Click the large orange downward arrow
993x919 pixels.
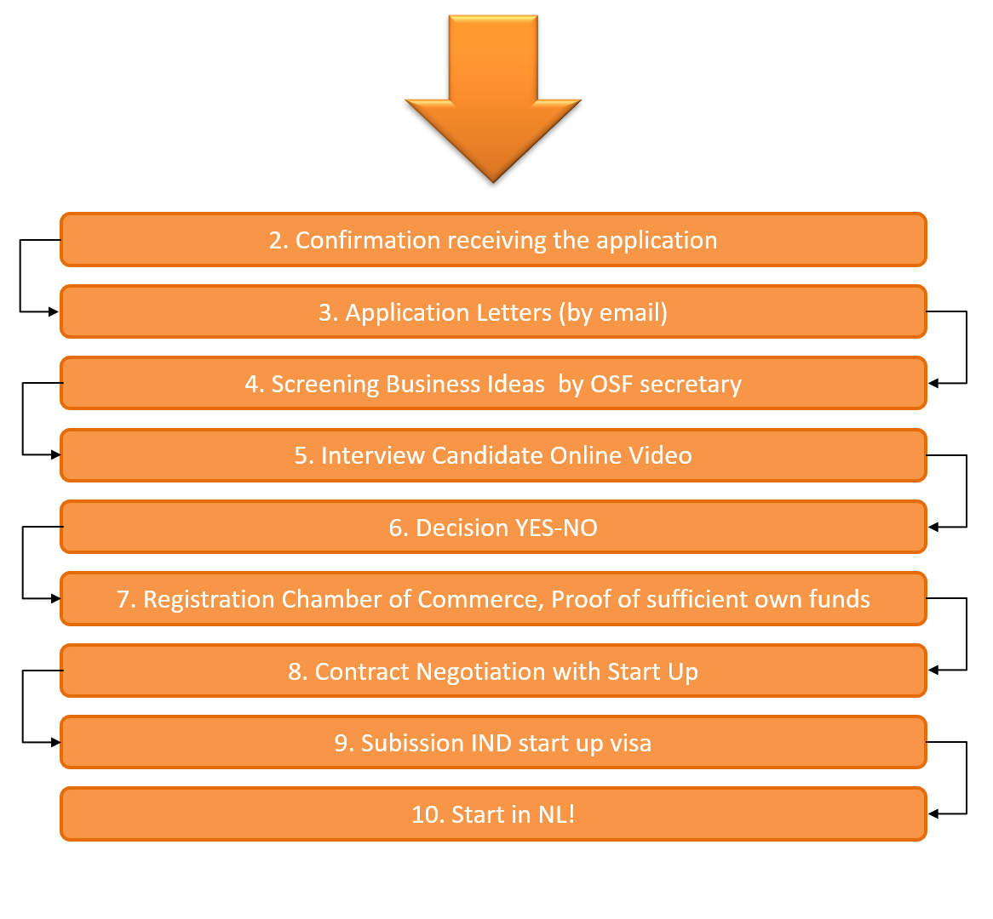pos(493,94)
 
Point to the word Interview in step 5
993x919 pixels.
pos(373,456)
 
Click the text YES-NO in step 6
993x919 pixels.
pos(556,528)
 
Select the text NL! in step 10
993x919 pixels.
pos(556,815)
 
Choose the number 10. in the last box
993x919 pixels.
pos(428,815)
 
